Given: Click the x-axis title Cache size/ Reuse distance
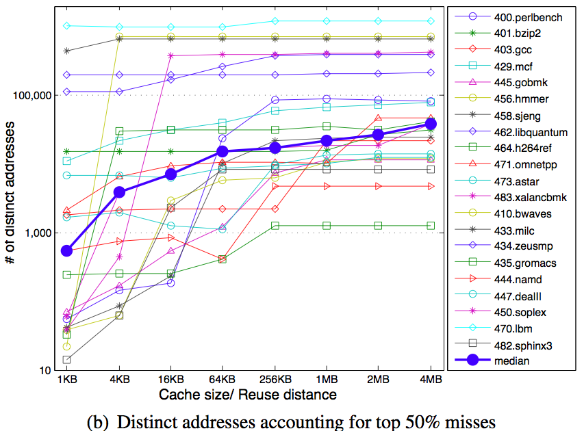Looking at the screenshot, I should point(248,395).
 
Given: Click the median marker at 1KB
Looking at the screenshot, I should point(66,250).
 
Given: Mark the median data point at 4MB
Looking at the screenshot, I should point(431,124).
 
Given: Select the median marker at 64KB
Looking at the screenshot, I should point(223,151).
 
